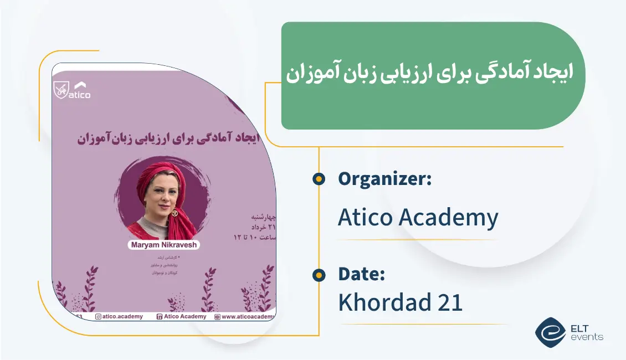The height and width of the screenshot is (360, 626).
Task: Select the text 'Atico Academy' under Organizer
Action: pyautogui.click(x=418, y=218)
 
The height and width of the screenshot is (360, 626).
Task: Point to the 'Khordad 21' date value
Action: pyautogui.click(x=400, y=302)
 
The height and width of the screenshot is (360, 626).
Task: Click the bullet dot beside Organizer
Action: pyautogui.click(x=319, y=179)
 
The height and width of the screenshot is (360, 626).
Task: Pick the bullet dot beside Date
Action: pyautogui.click(x=319, y=274)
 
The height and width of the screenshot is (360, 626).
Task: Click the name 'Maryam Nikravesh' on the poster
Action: pyautogui.click(x=165, y=244)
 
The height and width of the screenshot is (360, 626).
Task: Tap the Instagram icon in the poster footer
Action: pyautogui.click(x=98, y=317)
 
